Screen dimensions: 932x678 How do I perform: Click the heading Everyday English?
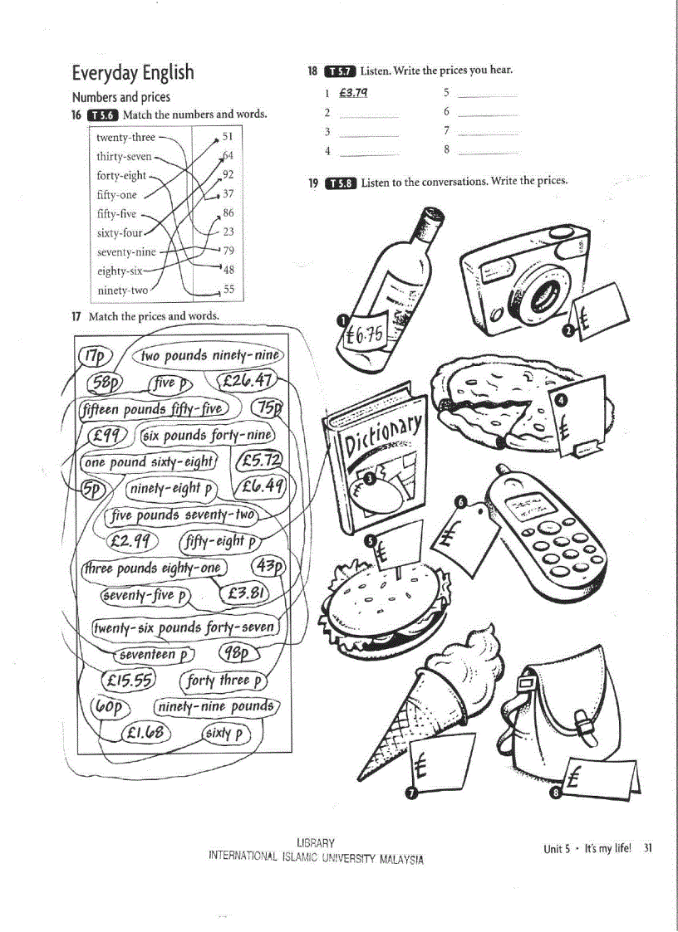133,73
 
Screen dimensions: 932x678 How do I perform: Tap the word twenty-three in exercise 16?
125,138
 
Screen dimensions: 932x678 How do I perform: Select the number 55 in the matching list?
228,290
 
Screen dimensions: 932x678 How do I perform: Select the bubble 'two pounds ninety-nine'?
210,355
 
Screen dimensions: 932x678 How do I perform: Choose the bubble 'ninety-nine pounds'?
217,706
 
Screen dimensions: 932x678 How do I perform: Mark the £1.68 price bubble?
145,733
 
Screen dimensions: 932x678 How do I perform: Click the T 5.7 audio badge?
340,71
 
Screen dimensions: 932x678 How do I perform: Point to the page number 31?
648,848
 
